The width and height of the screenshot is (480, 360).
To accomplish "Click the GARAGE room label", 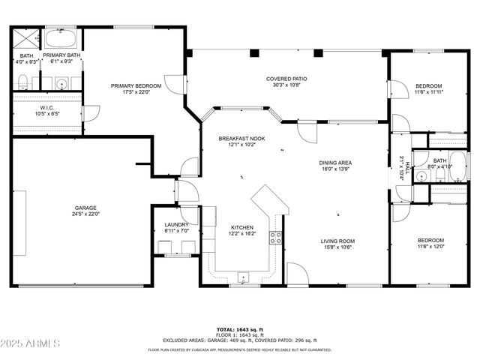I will [x=85, y=208].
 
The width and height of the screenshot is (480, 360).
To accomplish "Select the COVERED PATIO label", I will [x=286, y=79].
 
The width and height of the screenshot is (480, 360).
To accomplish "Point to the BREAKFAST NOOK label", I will [x=241, y=139].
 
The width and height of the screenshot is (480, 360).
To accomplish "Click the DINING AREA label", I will [x=335, y=162].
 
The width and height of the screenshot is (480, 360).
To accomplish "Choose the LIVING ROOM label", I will [x=337, y=241].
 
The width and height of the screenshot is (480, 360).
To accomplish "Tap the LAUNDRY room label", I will [x=176, y=224].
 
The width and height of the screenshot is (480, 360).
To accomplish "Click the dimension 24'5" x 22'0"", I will [x=85, y=214].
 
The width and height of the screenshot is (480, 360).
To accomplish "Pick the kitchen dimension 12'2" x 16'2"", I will [x=241, y=234].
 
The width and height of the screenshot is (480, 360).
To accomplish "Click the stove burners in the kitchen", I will [x=276, y=238].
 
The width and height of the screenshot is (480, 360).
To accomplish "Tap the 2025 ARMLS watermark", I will [x=31, y=344].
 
